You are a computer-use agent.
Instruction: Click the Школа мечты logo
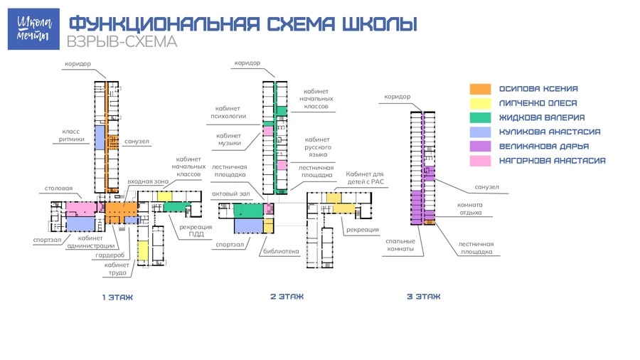[x=33, y=29]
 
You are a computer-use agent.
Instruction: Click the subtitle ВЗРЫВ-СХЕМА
[x=122, y=42]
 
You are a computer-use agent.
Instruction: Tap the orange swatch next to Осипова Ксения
[x=480, y=89]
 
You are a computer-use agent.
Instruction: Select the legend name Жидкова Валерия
[x=542, y=117]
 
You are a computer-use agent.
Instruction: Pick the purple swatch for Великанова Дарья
[x=480, y=146]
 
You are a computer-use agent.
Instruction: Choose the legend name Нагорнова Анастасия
[x=553, y=160]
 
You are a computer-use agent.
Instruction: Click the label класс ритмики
[x=71, y=135]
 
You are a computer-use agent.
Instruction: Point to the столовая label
[x=58, y=188]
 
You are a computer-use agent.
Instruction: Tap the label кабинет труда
[x=117, y=268]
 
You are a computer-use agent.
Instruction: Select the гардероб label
[x=110, y=255]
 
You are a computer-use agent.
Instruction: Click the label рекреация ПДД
[x=196, y=231]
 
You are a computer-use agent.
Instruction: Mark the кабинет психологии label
[x=228, y=112]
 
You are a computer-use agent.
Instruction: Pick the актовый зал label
[x=230, y=194]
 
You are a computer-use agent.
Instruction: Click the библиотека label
[x=281, y=251]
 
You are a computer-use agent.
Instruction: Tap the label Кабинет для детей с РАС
[x=366, y=178]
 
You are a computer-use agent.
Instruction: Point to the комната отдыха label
[x=470, y=208]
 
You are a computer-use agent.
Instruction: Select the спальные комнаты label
[x=400, y=245]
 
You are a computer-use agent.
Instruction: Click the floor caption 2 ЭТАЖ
[x=287, y=297]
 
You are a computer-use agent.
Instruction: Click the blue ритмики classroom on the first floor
[x=100, y=137]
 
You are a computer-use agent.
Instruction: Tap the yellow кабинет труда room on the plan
[x=143, y=250]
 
